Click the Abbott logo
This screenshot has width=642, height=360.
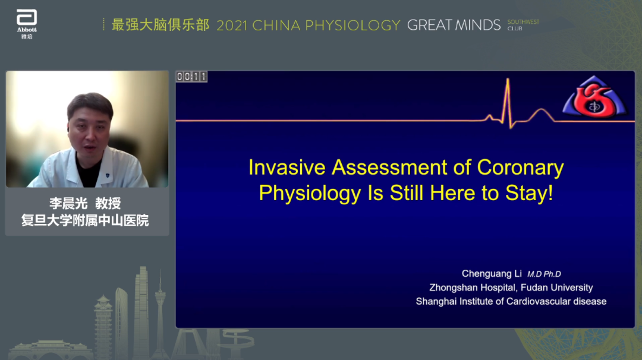27,24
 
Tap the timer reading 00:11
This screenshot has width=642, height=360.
191,77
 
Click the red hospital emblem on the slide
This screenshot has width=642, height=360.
594,97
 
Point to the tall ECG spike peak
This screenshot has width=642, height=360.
508,79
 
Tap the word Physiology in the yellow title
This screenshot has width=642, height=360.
310,193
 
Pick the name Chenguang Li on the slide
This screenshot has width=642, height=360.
492,274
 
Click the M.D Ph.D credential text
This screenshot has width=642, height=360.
544,274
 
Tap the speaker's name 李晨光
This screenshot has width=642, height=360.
68,203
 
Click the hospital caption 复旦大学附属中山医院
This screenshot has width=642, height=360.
85,220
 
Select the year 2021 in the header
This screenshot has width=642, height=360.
232,26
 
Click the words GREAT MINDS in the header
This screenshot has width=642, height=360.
454,25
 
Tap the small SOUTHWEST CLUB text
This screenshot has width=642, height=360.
523,25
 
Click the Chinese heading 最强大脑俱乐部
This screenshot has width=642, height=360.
160,25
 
